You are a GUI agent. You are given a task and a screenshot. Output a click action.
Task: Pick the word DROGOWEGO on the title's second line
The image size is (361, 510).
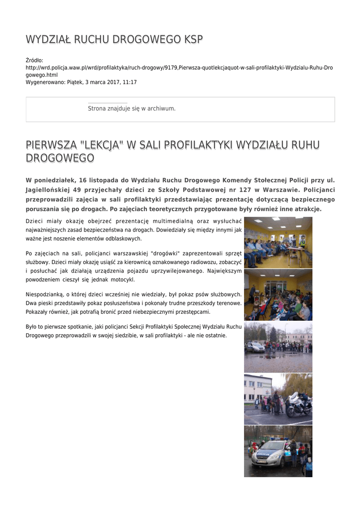coord(60,158)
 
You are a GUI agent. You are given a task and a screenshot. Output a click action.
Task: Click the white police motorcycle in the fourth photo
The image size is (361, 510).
coord(299,405)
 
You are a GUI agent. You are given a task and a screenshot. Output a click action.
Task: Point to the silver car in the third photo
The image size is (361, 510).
coord(255,347)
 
